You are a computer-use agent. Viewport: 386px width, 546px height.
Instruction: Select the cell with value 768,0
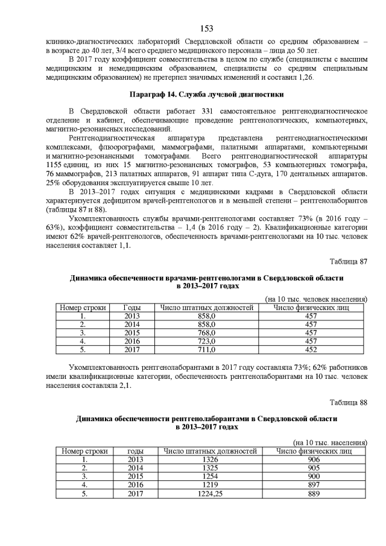point(206,332)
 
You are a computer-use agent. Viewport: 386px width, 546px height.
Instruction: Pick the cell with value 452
point(311,349)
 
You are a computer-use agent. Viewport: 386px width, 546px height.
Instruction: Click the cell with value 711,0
point(206,349)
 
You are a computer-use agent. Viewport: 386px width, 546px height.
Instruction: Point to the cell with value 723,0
point(206,341)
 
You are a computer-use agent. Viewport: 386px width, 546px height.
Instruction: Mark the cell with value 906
point(314,459)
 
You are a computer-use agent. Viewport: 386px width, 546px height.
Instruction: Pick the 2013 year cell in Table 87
point(131,316)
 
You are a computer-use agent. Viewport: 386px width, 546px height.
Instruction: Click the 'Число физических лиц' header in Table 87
point(311,307)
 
